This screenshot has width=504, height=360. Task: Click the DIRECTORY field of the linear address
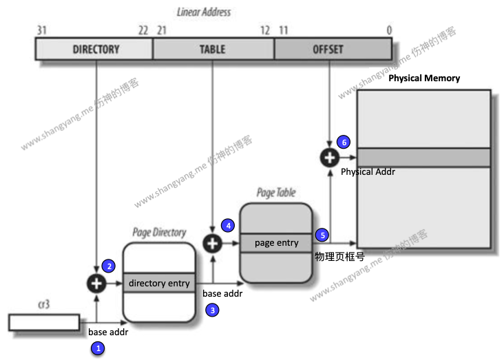[95, 50]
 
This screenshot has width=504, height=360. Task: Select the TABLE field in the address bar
[213, 50]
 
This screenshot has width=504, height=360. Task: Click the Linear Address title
[204, 12]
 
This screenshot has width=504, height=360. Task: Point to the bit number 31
[41, 30]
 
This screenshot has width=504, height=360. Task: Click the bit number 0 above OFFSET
[389, 30]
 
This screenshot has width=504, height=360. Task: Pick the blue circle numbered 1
[98, 348]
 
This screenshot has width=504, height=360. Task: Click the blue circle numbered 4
[228, 225]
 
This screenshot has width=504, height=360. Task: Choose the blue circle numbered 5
[322, 235]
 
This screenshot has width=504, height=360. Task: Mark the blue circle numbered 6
[344, 142]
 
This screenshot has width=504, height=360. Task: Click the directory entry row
[159, 283]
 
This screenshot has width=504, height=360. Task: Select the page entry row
[277, 243]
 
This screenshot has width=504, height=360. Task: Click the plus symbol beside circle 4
[213, 243]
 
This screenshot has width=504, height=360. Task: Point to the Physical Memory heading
[424, 78]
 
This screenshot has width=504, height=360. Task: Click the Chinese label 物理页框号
[339, 256]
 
